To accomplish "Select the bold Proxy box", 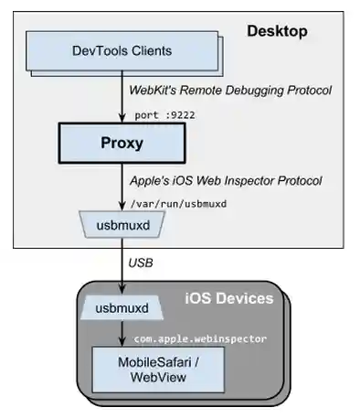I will pyautogui.click(x=122, y=144).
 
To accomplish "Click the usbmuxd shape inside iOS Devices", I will pyautogui.click(x=122, y=309).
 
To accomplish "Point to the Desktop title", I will pyautogui.click(x=276, y=32).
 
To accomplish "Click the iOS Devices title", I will pyautogui.click(x=228, y=298).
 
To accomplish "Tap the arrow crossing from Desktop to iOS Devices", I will pyautogui.click(x=122, y=265).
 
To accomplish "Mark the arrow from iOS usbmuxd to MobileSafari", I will pyautogui.click(x=122, y=334).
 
